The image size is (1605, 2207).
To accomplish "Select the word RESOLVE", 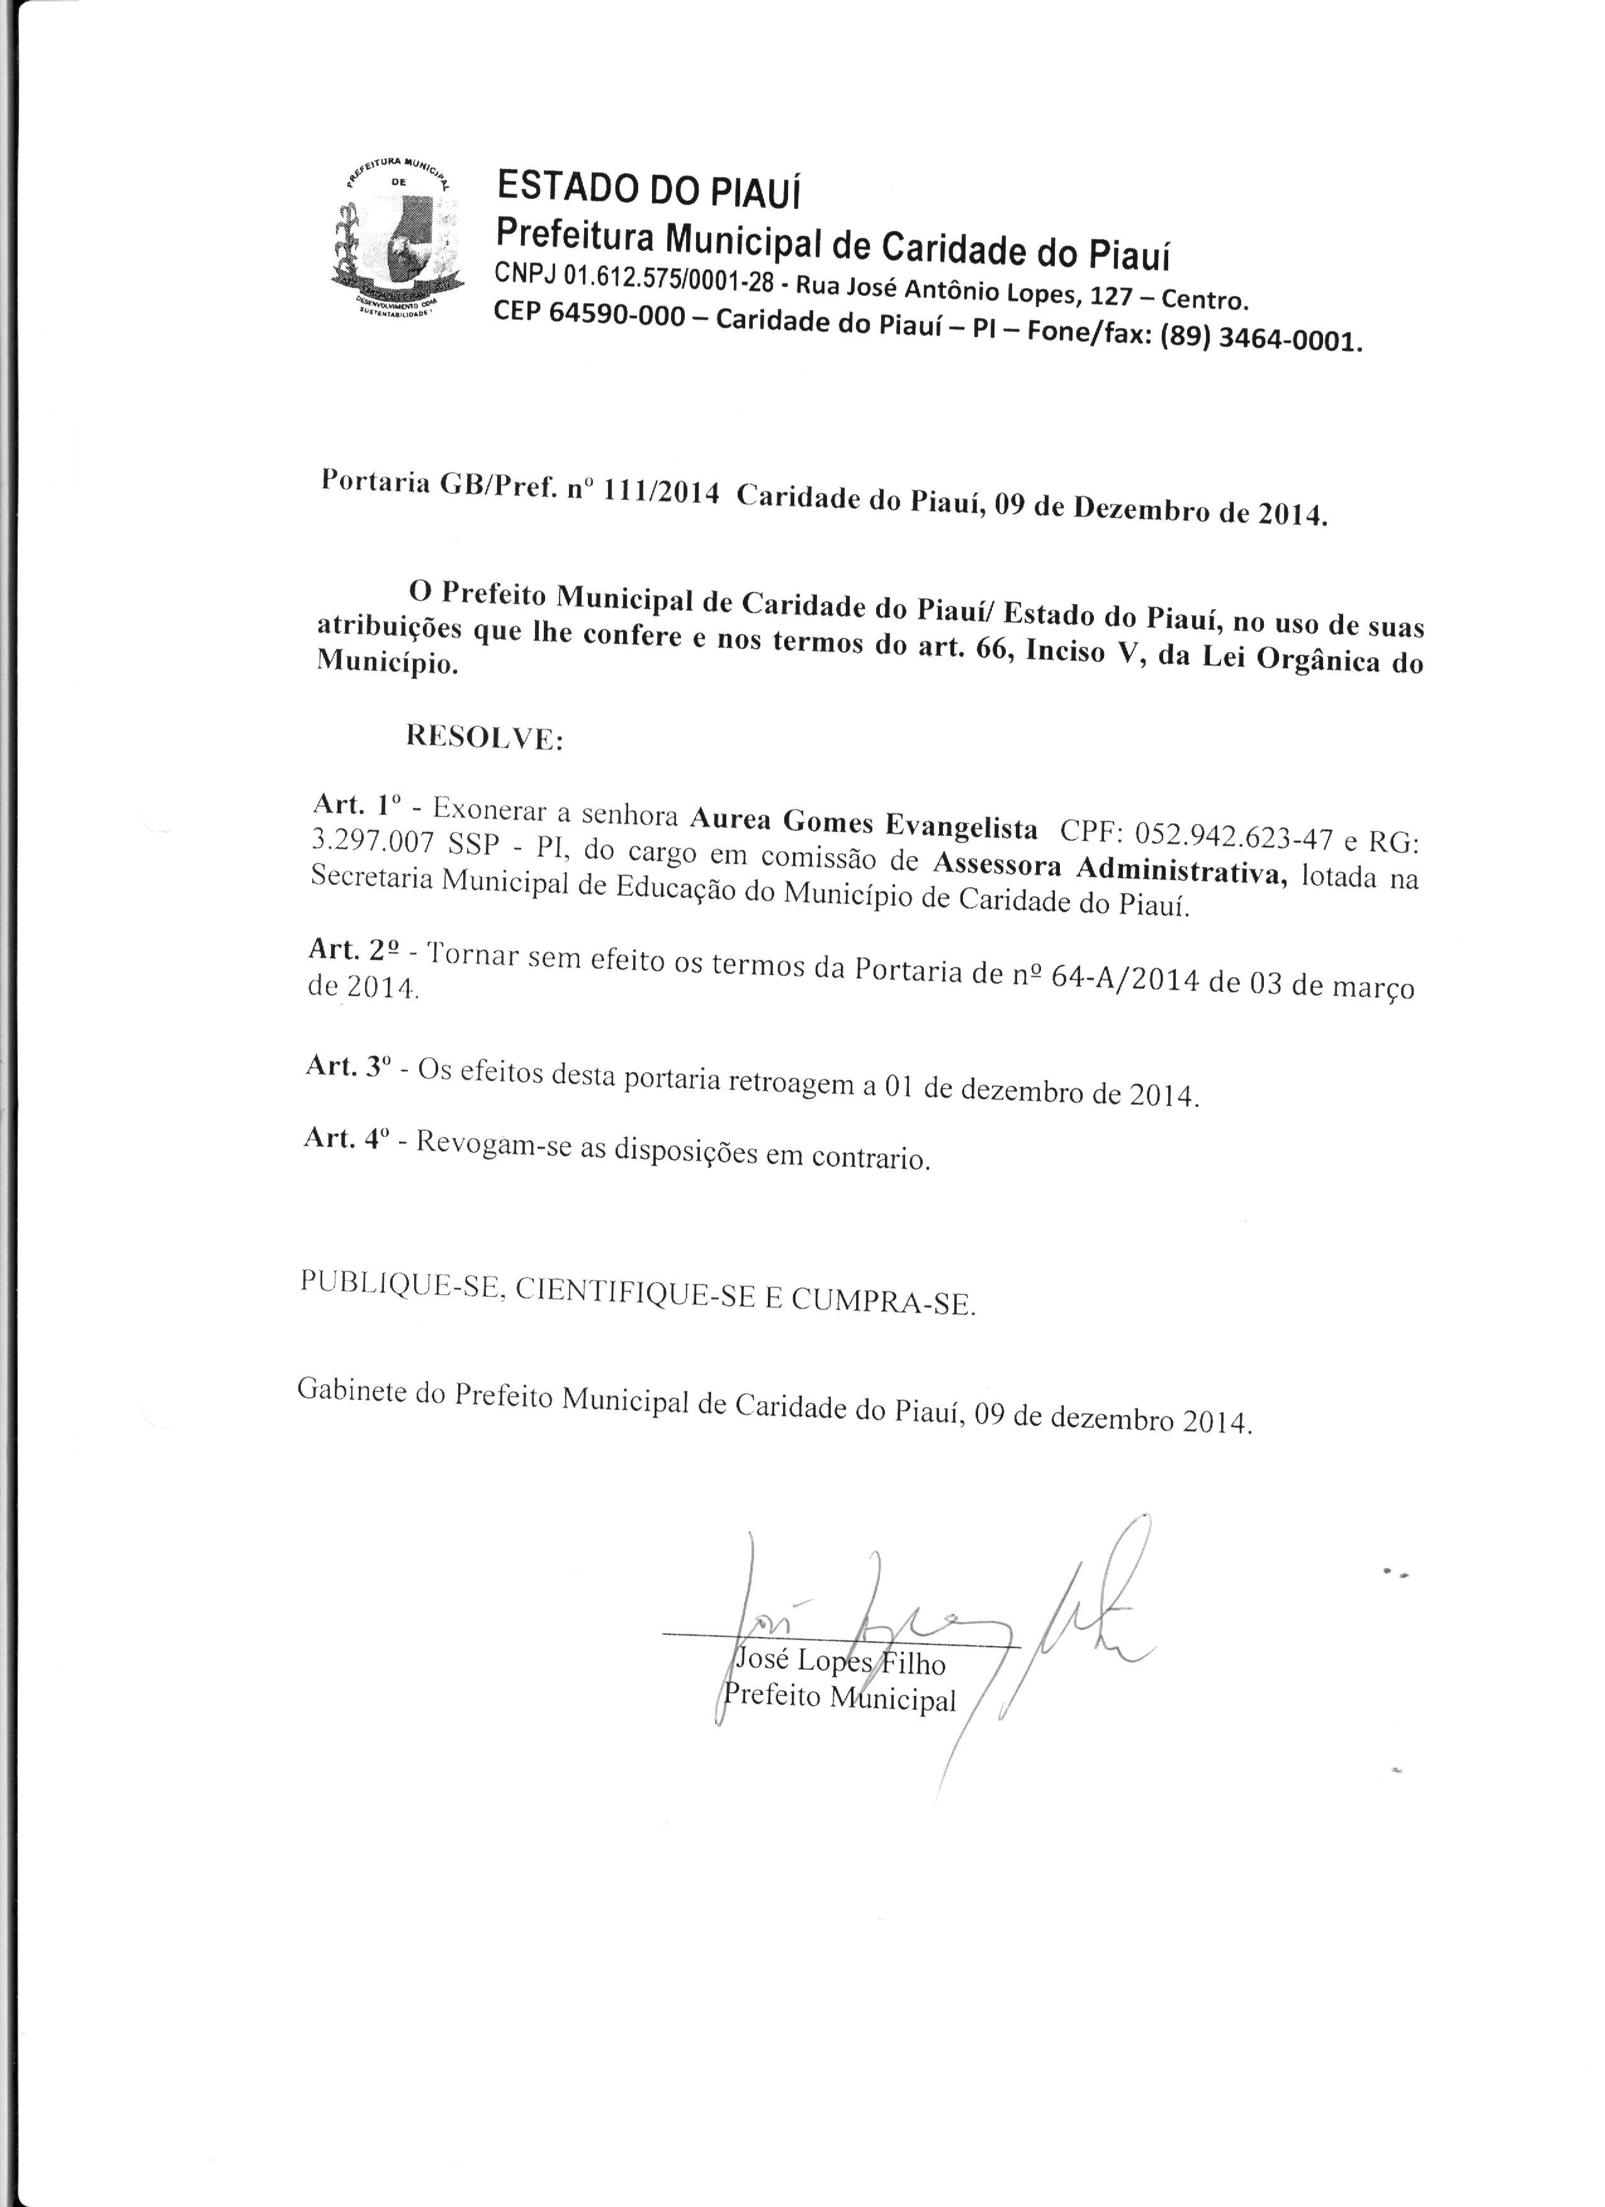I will click(x=484, y=737).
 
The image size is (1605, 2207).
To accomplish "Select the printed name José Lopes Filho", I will click(x=838, y=1662).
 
